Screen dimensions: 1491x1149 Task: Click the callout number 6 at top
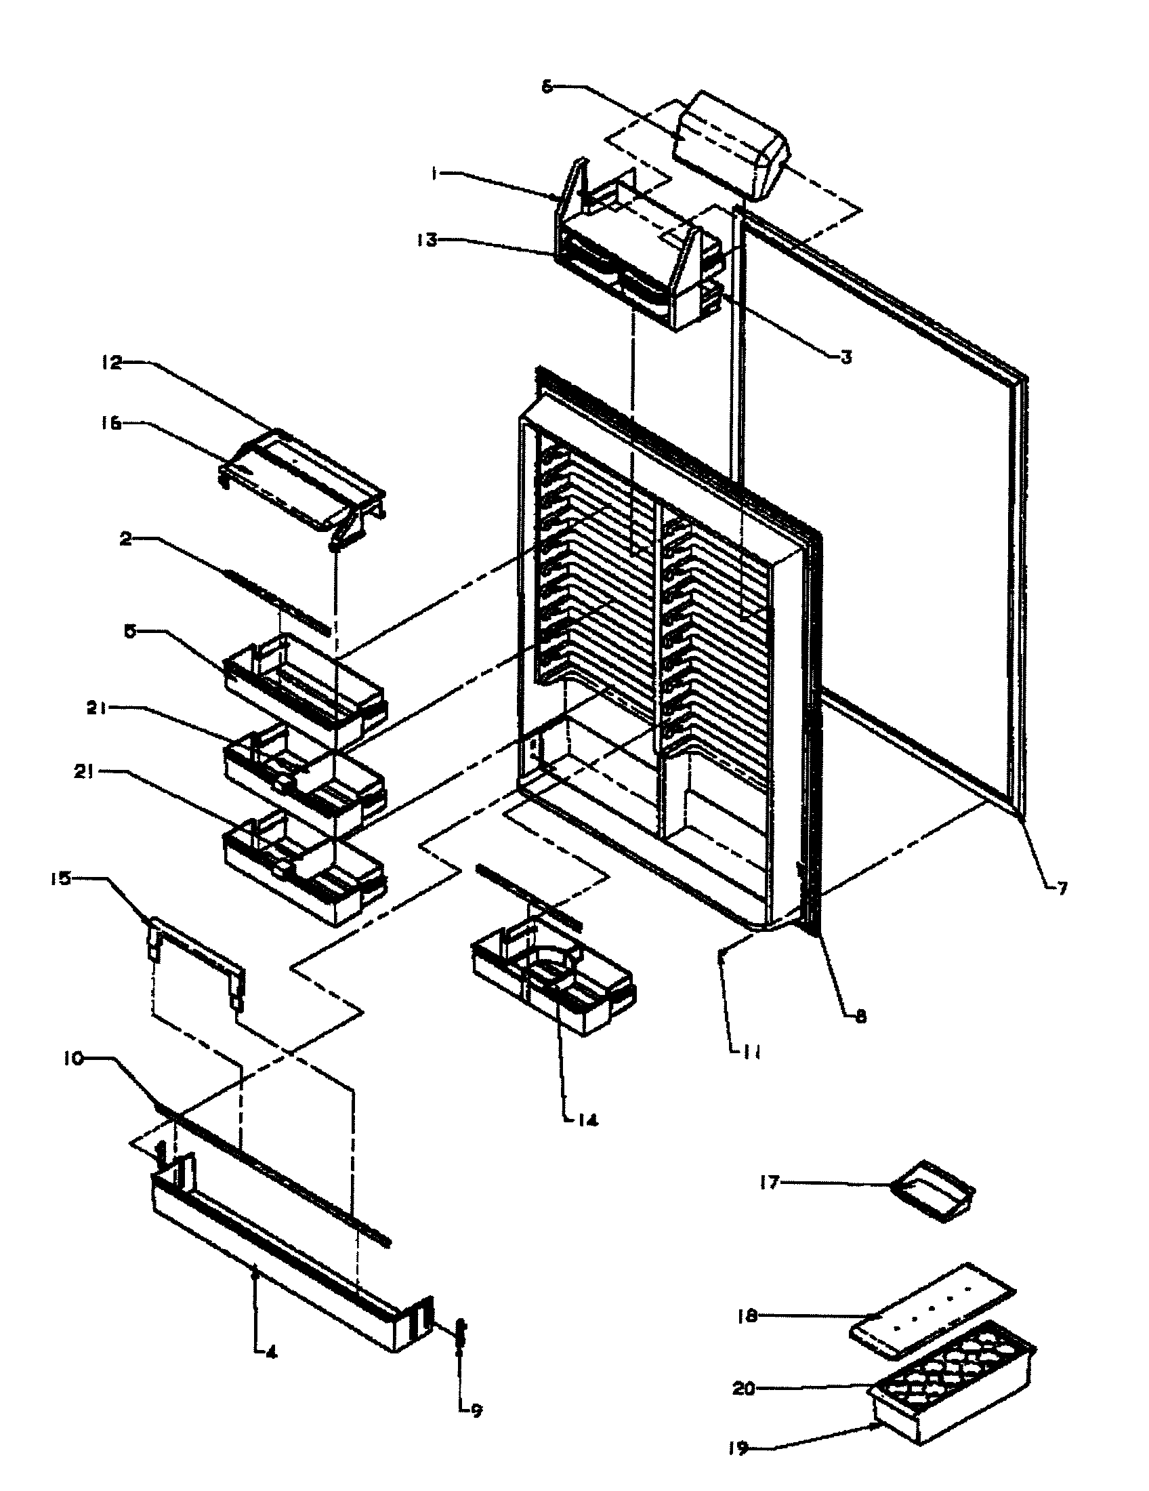[547, 87]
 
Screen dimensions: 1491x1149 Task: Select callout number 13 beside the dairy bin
[428, 241]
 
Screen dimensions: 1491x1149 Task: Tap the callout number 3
[845, 357]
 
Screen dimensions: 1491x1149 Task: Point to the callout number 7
[1062, 888]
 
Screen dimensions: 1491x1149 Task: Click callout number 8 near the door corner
[860, 1017]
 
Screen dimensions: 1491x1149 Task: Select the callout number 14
[588, 1120]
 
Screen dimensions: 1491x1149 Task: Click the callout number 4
[270, 1354]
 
